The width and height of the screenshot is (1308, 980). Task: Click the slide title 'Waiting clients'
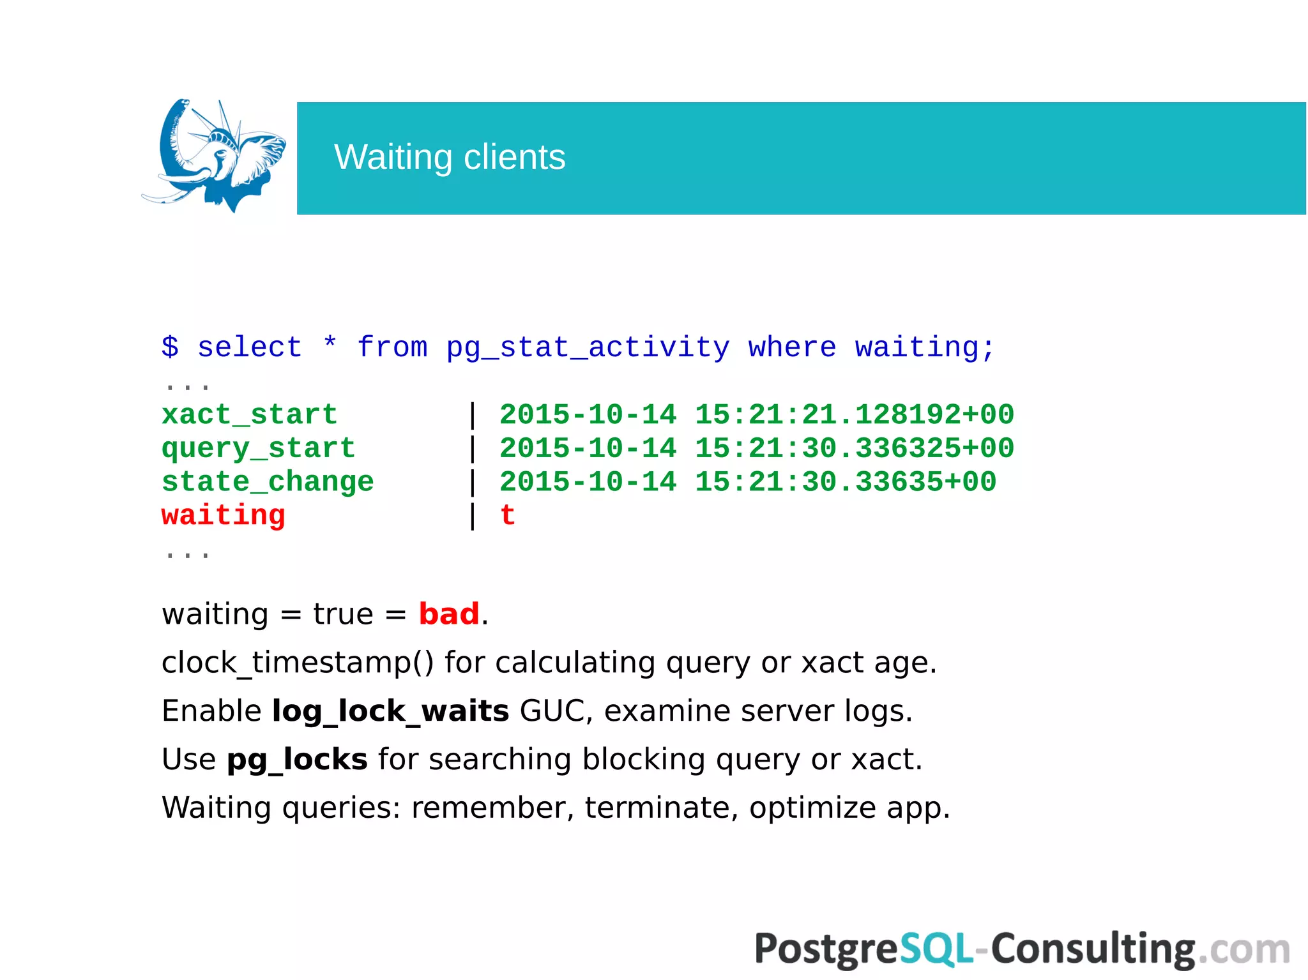(x=450, y=158)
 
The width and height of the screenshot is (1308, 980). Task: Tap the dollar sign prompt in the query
(x=170, y=347)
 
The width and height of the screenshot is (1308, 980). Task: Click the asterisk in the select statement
(x=330, y=345)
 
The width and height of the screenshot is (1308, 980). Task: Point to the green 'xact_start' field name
(x=249, y=415)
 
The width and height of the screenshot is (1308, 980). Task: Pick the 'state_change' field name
(x=268, y=482)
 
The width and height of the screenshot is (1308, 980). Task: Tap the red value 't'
(x=508, y=515)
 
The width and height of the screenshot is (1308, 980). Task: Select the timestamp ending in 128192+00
(x=756, y=415)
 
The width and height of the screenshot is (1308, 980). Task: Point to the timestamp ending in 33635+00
(x=747, y=482)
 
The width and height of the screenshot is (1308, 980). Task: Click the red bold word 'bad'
(x=448, y=614)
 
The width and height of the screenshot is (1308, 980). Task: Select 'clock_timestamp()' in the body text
(x=298, y=663)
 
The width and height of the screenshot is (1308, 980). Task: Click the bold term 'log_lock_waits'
(x=390, y=711)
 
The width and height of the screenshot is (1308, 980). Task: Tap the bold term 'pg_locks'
(x=297, y=760)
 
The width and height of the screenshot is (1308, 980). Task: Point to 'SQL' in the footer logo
(x=936, y=949)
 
